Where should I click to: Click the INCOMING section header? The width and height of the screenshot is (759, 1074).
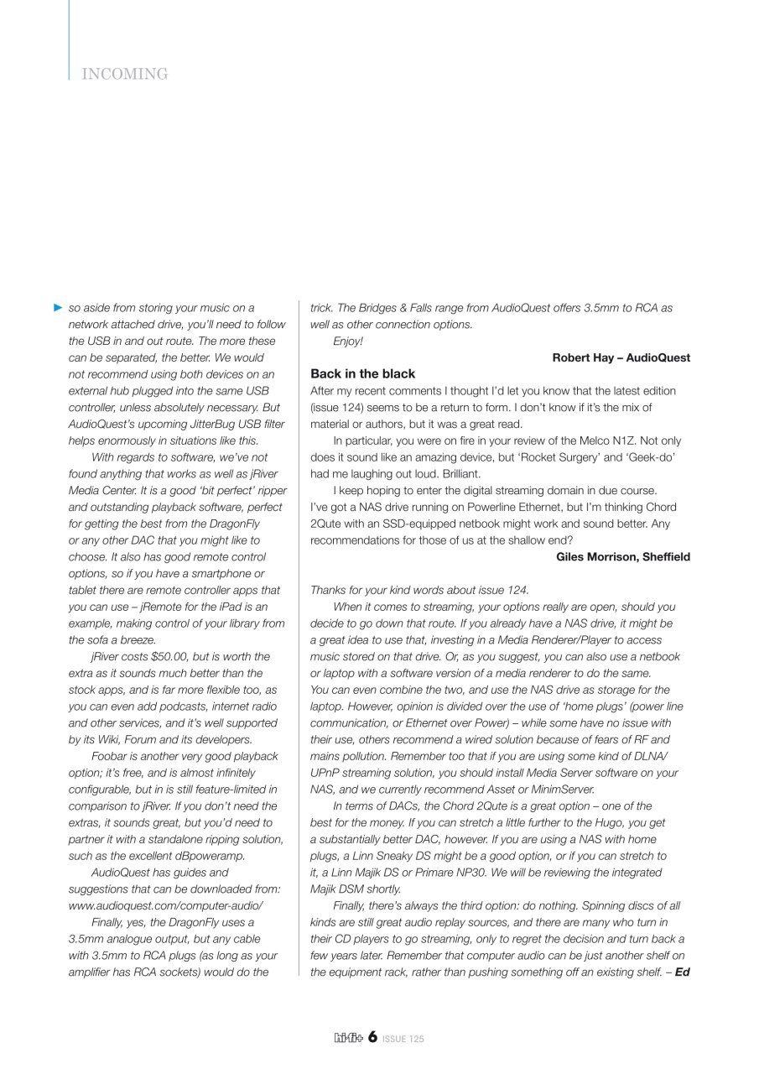point(126,75)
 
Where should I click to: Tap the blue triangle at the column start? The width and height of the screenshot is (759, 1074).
point(57,309)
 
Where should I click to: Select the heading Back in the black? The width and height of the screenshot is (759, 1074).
point(362,373)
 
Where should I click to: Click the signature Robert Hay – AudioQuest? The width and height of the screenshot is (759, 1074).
point(621,357)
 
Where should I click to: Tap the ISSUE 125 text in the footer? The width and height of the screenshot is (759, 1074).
point(403,1039)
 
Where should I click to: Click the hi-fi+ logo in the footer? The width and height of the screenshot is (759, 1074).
point(346,1038)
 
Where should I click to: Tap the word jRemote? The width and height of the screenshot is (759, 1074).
point(143,590)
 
